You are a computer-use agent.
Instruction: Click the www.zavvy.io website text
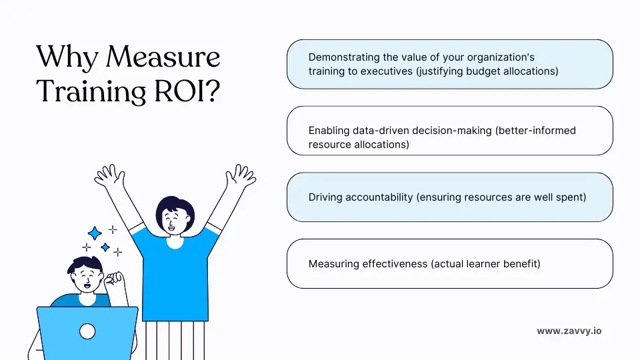coord(569,331)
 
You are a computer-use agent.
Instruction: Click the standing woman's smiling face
coord(173,217)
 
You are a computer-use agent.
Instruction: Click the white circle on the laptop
coord(87,331)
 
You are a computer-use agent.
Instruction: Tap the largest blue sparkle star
coord(95,233)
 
